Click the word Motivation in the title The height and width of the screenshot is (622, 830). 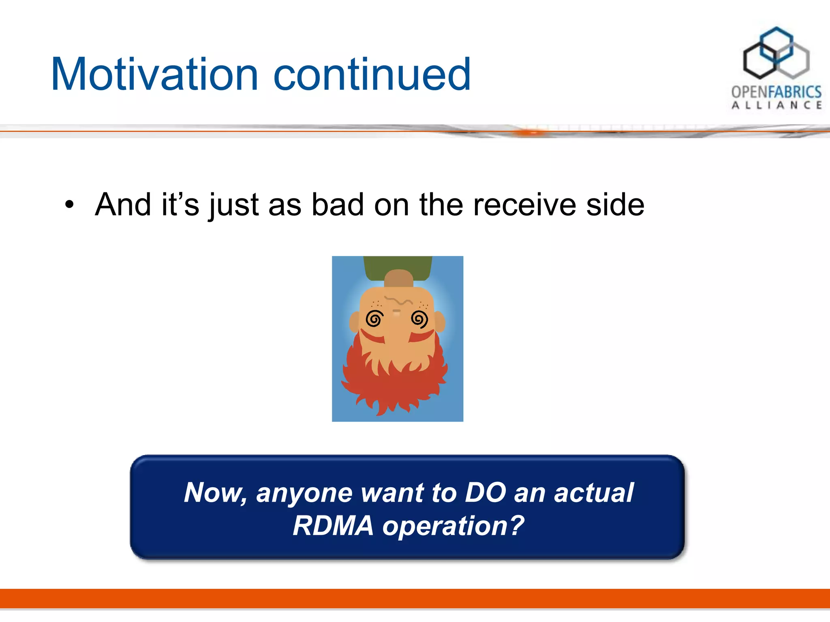click(x=154, y=75)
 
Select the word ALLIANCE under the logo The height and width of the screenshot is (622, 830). click(x=777, y=105)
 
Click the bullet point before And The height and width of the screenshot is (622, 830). click(x=70, y=205)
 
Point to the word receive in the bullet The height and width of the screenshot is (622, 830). click(x=524, y=205)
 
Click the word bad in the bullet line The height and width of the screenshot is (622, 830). click(x=337, y=205)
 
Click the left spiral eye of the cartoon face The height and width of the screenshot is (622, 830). click(x=374, y=319)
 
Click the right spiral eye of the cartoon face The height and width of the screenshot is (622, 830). click(x=419, y=319)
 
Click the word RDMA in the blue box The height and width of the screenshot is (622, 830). click(x=333, y=526)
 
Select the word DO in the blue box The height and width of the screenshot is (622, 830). click(x=485, y=493)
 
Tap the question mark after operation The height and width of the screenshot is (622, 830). click(x=517, y=526)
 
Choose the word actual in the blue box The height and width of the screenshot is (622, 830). click(x=593, y=493)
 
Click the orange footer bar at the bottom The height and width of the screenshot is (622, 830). click(x=415, y=598)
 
